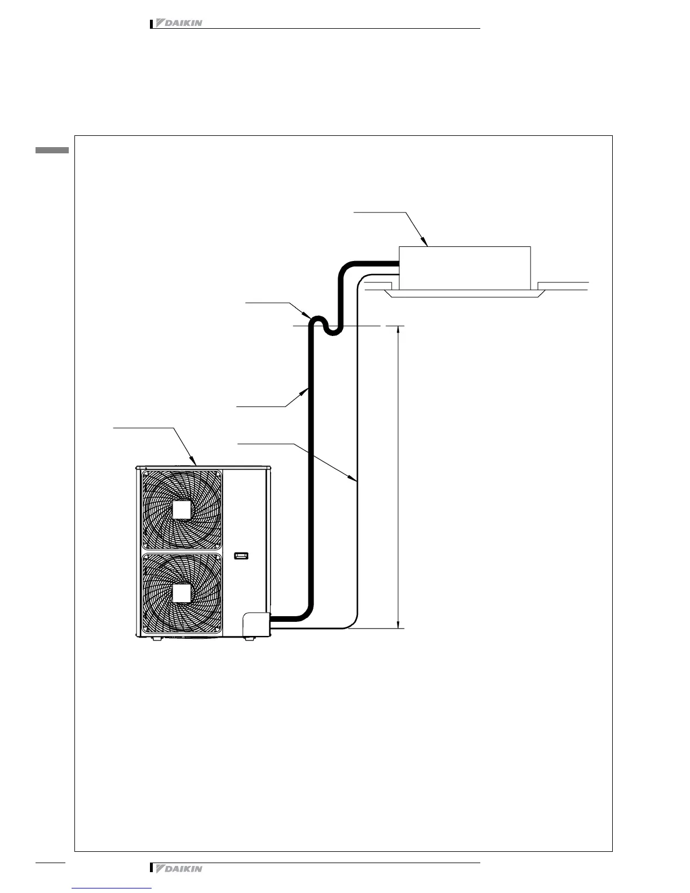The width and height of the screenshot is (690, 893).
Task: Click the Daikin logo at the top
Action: coord(178,23)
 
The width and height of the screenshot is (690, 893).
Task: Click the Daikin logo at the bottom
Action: coord(178,869)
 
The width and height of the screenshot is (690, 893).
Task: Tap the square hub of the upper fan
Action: coord(182,510)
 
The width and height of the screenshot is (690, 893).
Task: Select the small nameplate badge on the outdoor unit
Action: coord(241,556)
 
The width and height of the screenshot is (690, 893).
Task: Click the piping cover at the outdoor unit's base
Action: coord(256,625)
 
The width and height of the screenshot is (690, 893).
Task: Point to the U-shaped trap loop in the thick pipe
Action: coord(325,325)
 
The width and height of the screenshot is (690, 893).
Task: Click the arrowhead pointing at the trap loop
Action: coord(307,315)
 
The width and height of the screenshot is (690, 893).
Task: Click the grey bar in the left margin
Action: coord(52,151)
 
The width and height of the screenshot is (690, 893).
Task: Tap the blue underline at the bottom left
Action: coord(112,888)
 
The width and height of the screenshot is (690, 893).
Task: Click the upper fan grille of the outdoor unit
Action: coord(182,510)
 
